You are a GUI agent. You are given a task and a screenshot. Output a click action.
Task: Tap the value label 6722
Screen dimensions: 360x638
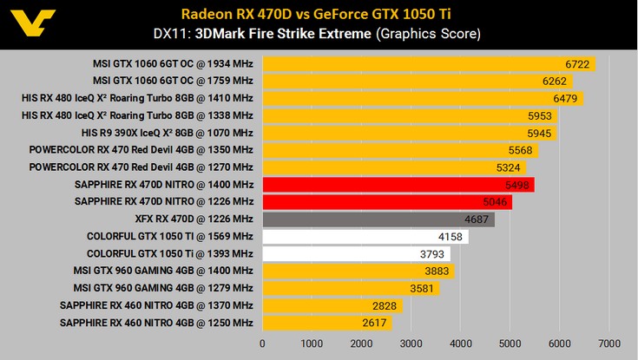pyautogui.click(x=577, y=63)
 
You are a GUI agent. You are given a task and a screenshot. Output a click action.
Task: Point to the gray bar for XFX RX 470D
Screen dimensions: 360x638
pyautogui.click(x=378, y=219)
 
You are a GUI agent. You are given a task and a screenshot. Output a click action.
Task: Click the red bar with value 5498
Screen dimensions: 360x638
pyautogui.click(x=398, y=185)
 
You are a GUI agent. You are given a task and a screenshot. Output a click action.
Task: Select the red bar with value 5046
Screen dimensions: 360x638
pyautogui.click(x=386, y=202)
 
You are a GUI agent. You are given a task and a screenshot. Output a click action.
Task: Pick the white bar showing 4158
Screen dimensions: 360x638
pyautogui.click(x=365, y=237)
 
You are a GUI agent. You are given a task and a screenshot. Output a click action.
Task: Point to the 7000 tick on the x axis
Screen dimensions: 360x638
pyautogui.click(x=608, y=343)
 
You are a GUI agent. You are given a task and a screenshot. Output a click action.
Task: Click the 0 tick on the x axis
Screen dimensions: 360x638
pyautogui.click(x=263, y=343)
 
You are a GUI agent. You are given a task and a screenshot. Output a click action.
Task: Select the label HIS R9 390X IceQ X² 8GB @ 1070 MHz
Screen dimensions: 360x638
pyautogui.click(x=167, y=133)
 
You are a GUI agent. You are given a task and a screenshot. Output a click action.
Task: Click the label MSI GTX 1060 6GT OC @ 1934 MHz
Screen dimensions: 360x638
pyautogui.click(x=173, y=63)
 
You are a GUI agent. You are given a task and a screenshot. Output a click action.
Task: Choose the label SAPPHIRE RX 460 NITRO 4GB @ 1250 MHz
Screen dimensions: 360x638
pyautogui.click(x=156, y=324)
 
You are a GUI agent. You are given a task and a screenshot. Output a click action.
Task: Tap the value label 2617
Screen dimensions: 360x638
pyautogui.click(x=374, y=324)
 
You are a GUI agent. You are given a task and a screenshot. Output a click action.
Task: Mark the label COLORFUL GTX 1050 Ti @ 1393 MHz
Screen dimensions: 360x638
pyautogui.click(x=169, y=254)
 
